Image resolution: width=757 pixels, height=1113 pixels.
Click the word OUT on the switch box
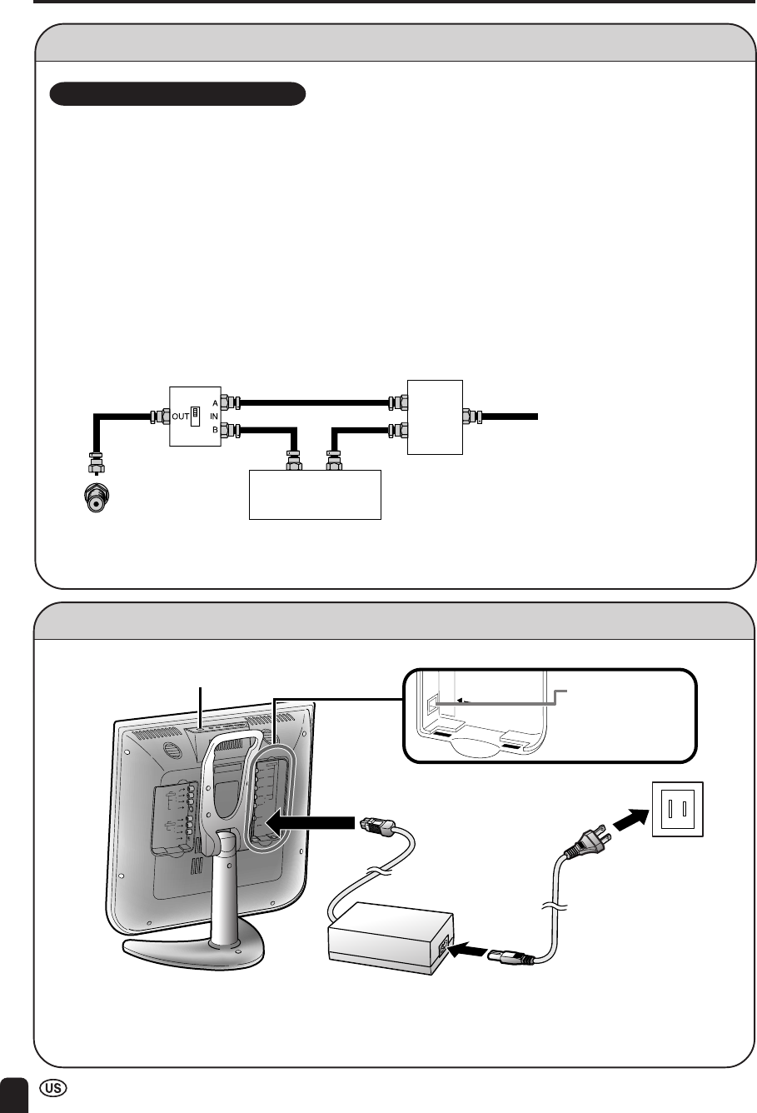pos(179,416)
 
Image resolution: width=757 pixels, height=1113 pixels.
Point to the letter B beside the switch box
pos(215,430)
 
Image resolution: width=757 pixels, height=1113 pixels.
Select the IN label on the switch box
pos(215,416)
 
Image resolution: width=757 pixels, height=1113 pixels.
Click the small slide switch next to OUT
pos(195,415)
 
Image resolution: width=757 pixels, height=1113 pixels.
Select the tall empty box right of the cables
pos(434,416)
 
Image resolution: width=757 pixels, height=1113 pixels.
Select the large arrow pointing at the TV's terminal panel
pos(313,824)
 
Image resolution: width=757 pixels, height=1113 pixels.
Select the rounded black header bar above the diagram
pos(178,93)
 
